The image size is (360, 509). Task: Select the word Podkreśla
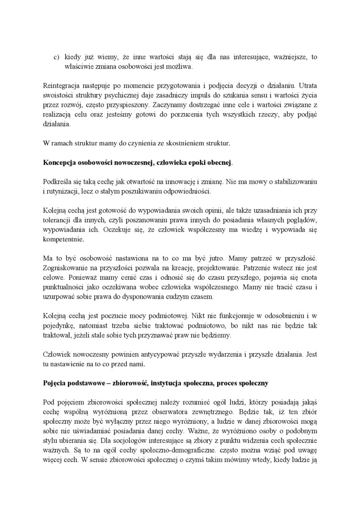(x=57, y=182)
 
